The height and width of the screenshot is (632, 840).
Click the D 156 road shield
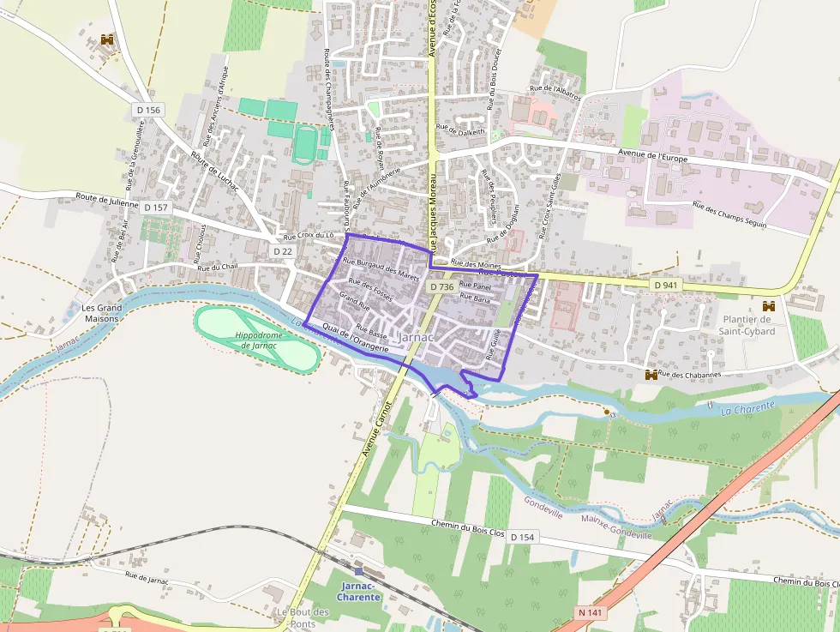pos(148,110)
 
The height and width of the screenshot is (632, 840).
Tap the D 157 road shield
pos(156,208)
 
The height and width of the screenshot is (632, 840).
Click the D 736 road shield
pos(441,286)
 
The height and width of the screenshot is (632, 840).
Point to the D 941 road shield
pos(665,284)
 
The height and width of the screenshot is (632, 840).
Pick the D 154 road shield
pos(521,536)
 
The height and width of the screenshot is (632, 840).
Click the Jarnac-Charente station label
pos(358,592)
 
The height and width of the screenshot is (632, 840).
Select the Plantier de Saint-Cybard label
pos(747,326)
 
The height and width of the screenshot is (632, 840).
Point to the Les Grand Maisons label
pos(101,313)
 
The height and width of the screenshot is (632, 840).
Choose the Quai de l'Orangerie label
pos(357,339)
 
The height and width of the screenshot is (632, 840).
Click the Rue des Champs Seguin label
pos(729,216)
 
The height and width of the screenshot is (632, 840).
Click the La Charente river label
pos(747,407)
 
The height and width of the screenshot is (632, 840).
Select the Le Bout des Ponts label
pos(303,617)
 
